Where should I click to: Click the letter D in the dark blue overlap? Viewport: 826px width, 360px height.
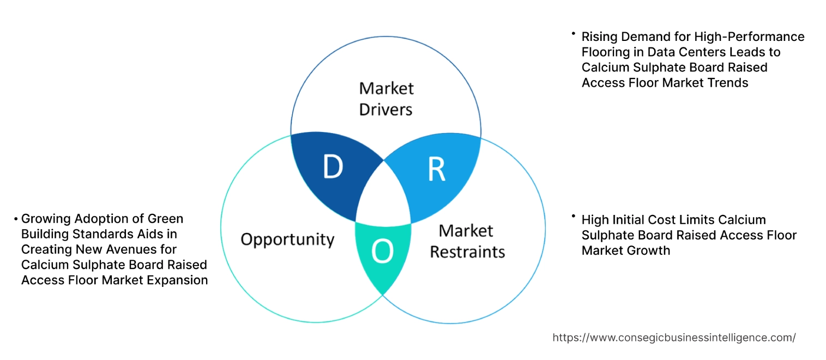(x=333, y=167)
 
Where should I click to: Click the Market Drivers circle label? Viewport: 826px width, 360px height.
(x=386, y=99)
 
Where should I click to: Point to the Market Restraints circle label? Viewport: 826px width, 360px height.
(x=467, y=241)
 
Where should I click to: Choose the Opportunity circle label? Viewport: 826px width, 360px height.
(x=287, y=239)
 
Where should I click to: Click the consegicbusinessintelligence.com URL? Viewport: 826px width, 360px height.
(x=674, y=338)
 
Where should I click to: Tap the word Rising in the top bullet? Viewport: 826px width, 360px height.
(x=600, y=37)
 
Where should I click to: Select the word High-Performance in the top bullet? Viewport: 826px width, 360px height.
(x=751, y=37)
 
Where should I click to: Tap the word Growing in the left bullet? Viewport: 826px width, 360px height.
(x=47, y=219)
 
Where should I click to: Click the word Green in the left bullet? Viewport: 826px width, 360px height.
(x=165, y=219)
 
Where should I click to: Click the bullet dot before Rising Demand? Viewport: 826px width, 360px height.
(x=574, y=33)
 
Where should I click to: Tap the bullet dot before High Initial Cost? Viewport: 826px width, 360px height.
(x=574, y=217)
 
